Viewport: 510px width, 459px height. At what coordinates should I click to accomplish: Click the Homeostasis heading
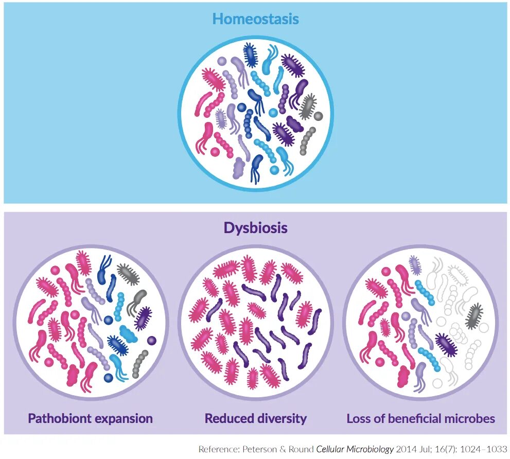click(255, 20)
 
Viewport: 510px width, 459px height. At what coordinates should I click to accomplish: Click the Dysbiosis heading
click(255, 228)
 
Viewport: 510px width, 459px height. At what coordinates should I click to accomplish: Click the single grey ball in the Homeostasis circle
click(318, 116)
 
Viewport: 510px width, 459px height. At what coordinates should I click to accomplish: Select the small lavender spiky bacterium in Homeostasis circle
click(221, 119)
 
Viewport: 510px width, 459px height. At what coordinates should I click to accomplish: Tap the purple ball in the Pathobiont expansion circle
click(151, 340)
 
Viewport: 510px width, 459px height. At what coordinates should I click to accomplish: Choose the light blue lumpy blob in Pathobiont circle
click(128, 334)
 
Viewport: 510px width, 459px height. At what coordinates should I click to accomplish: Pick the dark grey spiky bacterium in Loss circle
click(474, 316)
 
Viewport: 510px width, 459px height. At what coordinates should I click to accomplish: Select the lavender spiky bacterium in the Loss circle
click(415, 264)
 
